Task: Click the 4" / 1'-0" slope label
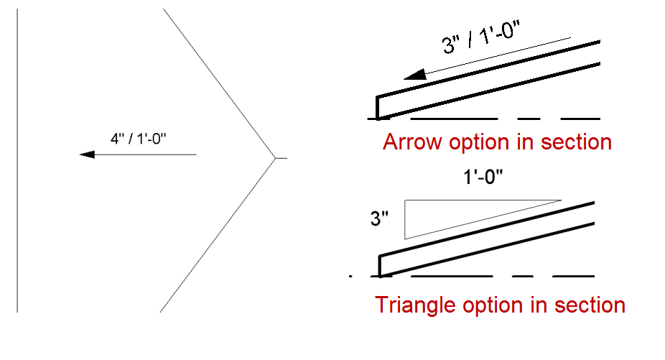[x=138, y=139]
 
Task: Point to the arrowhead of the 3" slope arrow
[x=411, y=74]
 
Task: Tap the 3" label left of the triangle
[x=379, y=218]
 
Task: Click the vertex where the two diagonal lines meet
[x=274, y=157]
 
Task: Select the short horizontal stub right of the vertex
[x=281, y=157]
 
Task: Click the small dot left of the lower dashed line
[x=350, y=276]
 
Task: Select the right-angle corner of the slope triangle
[x=405, y=200]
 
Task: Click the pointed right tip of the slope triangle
[x=561, y=200]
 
